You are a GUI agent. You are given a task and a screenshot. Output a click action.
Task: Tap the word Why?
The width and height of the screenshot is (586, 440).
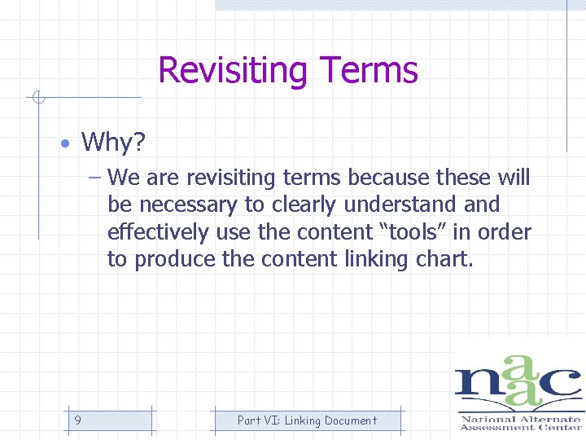[113, 143]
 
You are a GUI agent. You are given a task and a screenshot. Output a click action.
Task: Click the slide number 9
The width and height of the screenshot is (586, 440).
[77, 420]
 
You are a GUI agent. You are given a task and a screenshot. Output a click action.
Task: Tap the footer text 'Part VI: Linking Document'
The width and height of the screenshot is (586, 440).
[307, 420]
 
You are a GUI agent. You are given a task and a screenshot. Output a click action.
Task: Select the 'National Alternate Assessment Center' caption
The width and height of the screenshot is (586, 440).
[520, 422]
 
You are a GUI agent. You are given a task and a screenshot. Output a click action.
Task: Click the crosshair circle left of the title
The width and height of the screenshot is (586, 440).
[37, 99]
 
